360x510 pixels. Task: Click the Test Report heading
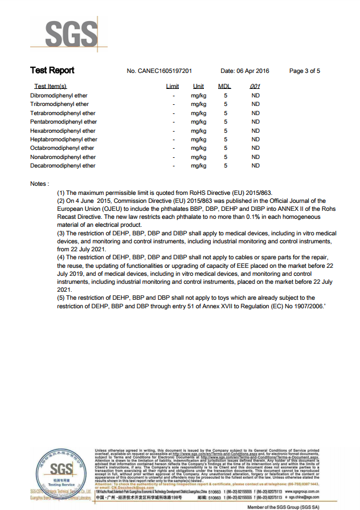52,71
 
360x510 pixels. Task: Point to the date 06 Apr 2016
252,71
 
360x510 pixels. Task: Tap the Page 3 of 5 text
305,71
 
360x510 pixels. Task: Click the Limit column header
173,87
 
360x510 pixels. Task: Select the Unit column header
198,87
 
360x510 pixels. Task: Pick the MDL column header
225,87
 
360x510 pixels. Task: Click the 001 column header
255,87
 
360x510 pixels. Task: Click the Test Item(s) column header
51,87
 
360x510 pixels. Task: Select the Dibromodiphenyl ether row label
59,96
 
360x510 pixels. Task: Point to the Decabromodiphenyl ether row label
63,166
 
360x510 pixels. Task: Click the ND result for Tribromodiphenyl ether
255,104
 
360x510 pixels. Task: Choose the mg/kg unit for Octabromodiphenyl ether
198,148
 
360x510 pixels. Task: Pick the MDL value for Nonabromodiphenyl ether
226,157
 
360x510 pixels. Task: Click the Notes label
39,184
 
